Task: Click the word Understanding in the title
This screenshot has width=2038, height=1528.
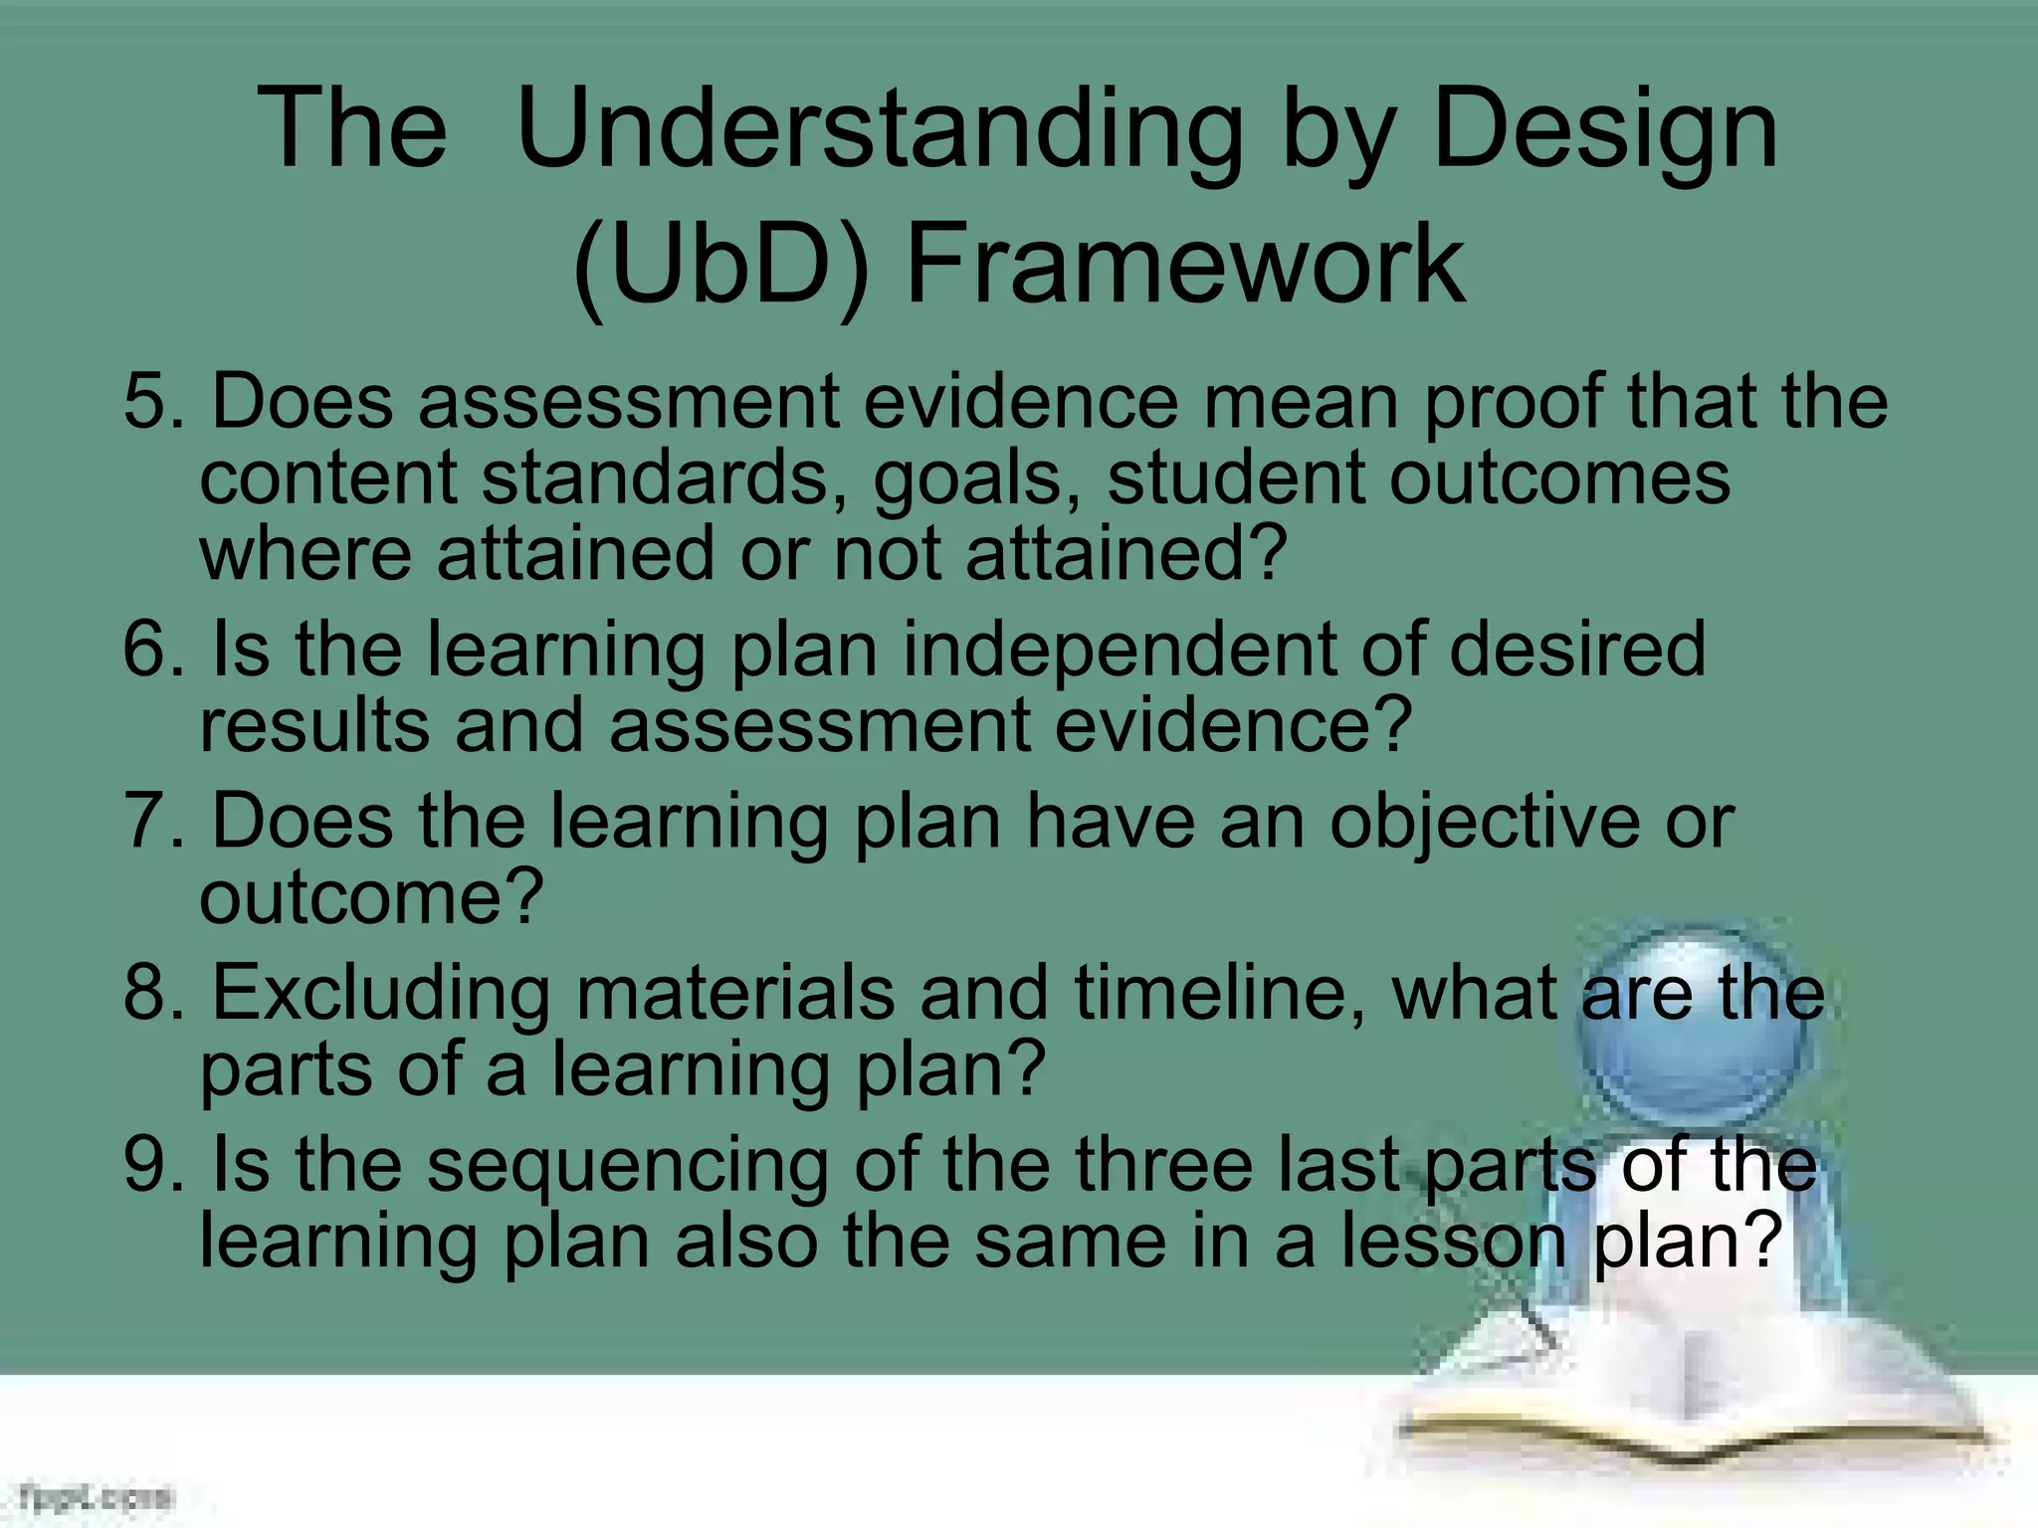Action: click(x=880, y=129)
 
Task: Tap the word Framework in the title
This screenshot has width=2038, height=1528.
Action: click(x=1185, y=264)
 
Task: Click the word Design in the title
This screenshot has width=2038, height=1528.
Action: click(x=1605, y=129)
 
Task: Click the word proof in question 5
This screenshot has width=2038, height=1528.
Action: click(x=1513, y=402)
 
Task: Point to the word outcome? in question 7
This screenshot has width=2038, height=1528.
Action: click(x=371, y=895)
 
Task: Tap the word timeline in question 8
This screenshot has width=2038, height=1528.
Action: click(x=1218, y=994)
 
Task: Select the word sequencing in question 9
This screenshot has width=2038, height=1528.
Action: click(x=627, y=1166)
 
